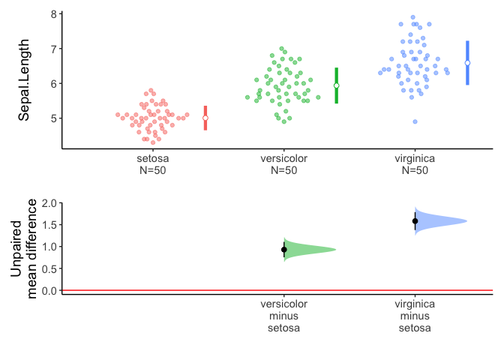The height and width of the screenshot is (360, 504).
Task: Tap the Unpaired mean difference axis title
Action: click(25, 248)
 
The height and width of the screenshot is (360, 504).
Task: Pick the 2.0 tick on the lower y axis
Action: click(50, 203)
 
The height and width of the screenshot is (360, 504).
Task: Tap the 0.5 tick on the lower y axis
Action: click(50, 268)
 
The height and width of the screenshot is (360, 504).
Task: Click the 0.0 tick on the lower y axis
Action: click(50, 290)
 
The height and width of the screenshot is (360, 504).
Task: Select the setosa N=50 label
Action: click(153, 164)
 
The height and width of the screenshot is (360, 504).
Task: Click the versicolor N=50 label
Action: click(283, 164)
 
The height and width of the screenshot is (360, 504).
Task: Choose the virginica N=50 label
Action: click(415, 164)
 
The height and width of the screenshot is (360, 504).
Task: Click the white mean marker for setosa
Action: click(205, 118)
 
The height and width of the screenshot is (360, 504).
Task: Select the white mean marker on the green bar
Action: click(337, 85)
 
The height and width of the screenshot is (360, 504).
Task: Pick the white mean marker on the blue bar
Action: click(467, 63)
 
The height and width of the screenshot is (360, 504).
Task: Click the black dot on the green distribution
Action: click(284, 250)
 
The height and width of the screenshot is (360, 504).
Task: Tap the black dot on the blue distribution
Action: click(415, 221)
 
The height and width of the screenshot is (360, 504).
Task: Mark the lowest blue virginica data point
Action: click(415, 121)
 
